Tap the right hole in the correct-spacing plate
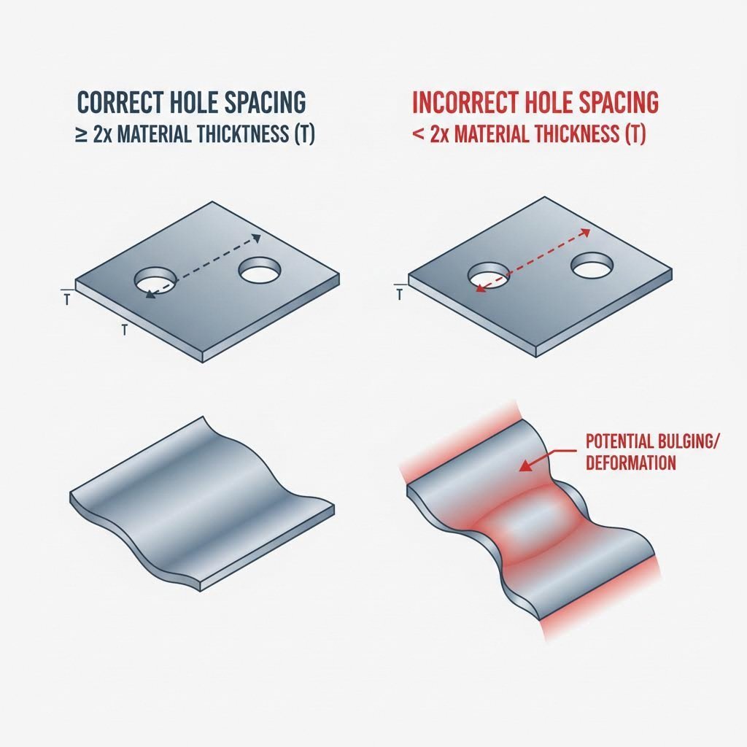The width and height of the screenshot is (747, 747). (x=260, y=272)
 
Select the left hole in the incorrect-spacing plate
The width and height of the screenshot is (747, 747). (x=487, y=276)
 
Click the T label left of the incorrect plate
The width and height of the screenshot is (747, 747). (x=399, y=295)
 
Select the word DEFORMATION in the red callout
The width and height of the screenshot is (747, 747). (x=630, y=462)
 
